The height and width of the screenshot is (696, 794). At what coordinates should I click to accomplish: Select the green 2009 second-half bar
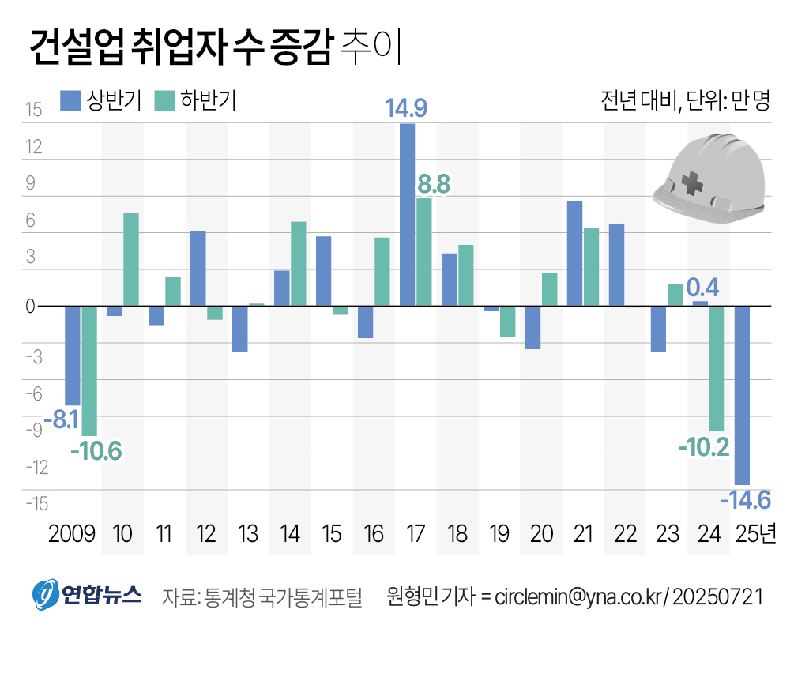tap(89, 371)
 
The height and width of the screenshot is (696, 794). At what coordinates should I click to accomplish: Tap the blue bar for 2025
tap(742, 395)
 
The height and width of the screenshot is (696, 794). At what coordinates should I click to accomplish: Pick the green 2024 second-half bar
tap(717, 368)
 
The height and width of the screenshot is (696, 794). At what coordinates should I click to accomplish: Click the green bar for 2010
tap(131, 259)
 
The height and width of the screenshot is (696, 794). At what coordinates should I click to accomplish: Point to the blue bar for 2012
tap(198, 269)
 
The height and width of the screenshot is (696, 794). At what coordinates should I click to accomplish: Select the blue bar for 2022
tap(616, 265)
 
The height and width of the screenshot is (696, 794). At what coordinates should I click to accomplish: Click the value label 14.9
tap(406, 108)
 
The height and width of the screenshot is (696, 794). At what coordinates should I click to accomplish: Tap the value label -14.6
tap(745, 500)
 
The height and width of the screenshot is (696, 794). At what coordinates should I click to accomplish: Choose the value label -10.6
tap(96, 452)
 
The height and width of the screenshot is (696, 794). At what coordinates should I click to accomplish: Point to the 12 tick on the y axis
tap(33, 147)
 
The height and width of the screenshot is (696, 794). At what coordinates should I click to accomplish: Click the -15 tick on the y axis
tap(36, 503)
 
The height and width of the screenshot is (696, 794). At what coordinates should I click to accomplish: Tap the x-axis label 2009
tap(72, 535)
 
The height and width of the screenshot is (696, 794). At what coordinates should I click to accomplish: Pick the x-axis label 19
tap(499, 535)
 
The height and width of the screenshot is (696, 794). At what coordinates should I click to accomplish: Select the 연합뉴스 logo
tap(87, 595)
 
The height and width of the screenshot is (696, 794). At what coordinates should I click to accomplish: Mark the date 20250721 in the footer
tap(718, 596)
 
